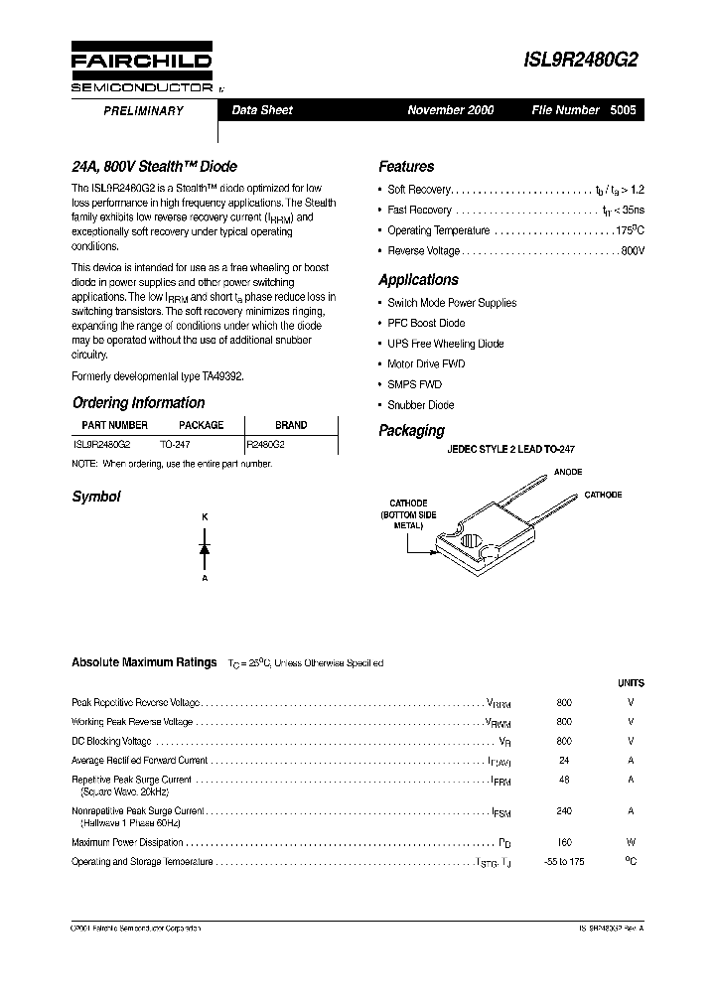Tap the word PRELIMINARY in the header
144,111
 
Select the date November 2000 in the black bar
450,110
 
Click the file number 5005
625,110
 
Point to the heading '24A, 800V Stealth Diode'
154,167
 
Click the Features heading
406,167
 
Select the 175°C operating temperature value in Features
630,230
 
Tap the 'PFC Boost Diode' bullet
426,323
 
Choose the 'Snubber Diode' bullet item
421,404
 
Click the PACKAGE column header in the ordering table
201,425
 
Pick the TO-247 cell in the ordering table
175,446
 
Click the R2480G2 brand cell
265,446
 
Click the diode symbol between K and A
205,548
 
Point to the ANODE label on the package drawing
567,472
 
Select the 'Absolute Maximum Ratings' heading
144,662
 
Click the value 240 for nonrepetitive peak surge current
564,810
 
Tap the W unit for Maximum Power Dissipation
631,841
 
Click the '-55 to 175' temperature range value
564,861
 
